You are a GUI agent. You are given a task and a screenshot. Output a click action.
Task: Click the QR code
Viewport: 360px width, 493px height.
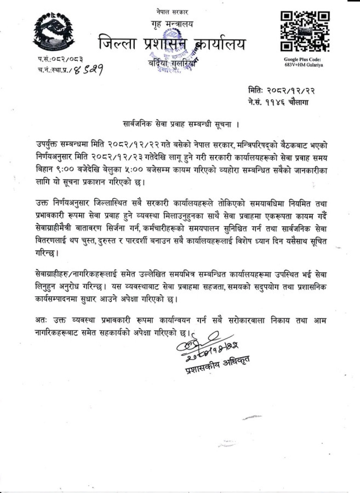[305, 31]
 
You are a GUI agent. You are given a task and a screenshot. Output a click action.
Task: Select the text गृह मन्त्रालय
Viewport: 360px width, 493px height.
[172, 24]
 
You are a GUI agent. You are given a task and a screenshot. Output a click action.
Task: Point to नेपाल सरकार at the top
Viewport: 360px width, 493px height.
[172, 13]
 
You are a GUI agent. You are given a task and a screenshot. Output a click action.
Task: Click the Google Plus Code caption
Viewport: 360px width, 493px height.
[303, 62]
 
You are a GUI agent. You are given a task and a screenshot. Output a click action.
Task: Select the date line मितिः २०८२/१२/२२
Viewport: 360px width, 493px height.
[281, 91]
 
